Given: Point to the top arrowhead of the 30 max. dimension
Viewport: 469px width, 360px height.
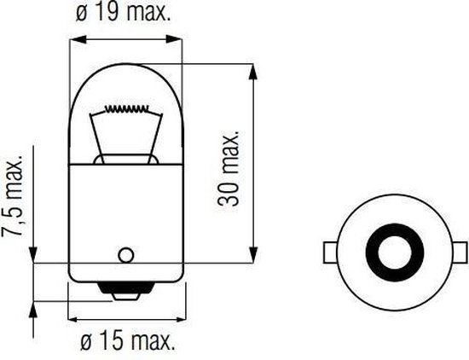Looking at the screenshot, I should [x=253, y=68].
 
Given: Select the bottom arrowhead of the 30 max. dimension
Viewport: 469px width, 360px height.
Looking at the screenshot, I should [x=253, y=259].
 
